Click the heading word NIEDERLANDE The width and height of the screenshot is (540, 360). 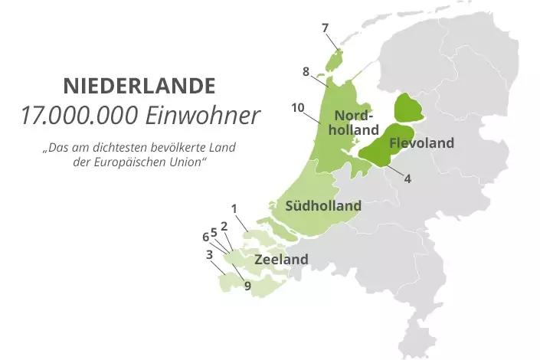click(139, 84)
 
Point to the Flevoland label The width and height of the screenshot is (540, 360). click(421, 143)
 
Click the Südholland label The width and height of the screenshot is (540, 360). click(322, 206)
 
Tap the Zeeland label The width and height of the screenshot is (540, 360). click(281, 260)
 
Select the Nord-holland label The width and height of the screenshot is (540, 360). click(356, 123)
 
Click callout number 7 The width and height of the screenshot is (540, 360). click(326, 28)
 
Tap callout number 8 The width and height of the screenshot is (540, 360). click(306, 72)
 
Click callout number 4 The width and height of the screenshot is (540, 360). click(407, 179)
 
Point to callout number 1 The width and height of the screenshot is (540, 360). click(234, 208)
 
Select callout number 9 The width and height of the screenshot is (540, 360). click(247, 286)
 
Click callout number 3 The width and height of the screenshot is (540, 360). click(209, 255)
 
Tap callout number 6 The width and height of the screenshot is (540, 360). click(205, 237)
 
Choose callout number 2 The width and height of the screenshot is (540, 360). click(224, 226)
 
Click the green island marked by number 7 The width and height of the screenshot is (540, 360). click(334, 58)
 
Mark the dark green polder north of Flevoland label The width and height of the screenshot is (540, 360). click(408, 108)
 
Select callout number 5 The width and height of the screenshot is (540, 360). click(214, 232)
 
